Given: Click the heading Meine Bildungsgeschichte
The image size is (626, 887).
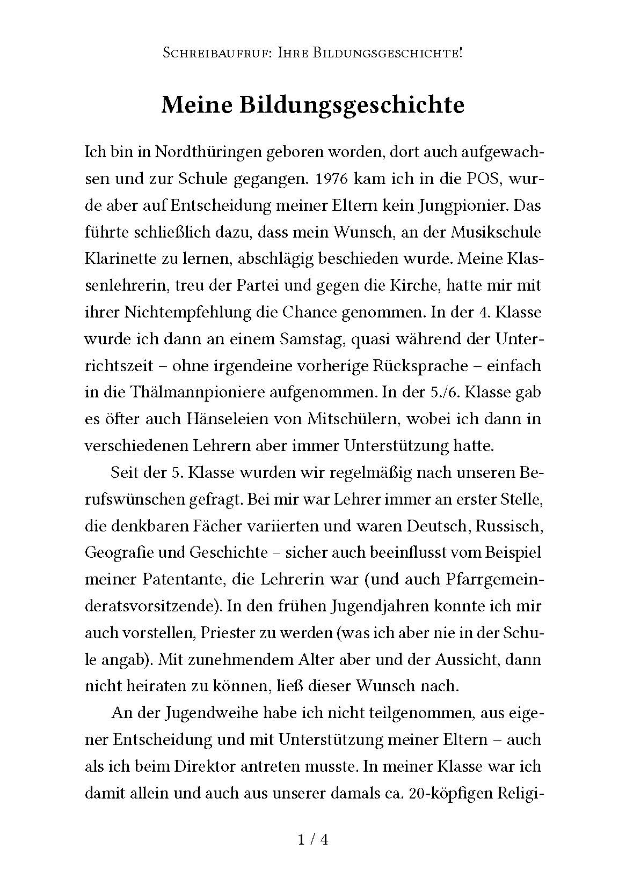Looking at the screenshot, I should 312,105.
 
